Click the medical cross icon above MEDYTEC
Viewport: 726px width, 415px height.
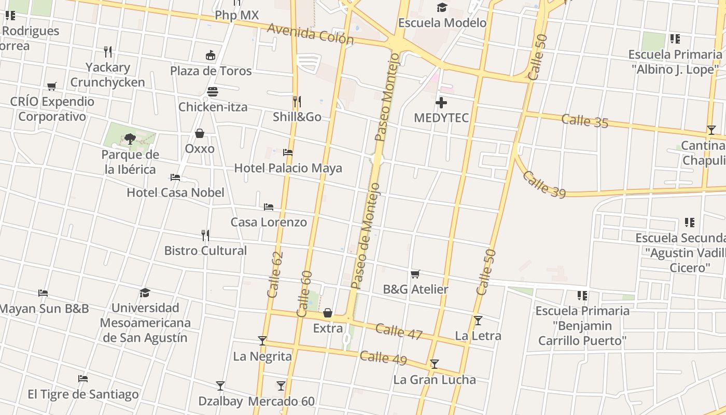(x=441, y=103)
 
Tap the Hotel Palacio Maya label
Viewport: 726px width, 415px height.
(x=288, y=168)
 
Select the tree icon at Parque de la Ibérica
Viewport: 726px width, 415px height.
(x=130, y=139)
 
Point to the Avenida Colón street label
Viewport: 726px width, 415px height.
(x=310, y=34)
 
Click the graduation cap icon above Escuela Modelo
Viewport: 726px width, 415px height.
(x=442, y=7)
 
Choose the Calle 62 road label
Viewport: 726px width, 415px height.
(x=275, y=274)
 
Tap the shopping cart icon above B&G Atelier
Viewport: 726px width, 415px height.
(x=415, y=274)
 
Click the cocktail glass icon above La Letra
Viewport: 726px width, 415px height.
(x=478, y=321)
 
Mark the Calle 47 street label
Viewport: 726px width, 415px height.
(x=399, y=331)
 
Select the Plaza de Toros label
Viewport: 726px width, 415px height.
(x=211, y=71)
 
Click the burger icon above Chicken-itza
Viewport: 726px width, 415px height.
(x=213, y=92)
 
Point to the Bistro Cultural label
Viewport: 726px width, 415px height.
(x=205, y=251)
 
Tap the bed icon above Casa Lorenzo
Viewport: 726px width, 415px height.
(x=269, y=206)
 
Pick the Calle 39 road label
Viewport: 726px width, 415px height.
(x=544, y=184)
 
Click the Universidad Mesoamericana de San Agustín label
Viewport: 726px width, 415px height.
(x=145, y=323)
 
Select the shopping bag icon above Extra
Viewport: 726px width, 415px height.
(x=328, y=313)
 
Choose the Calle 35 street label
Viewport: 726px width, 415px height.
(x=584, y=121)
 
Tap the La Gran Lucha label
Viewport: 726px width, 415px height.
(x=435, y=380)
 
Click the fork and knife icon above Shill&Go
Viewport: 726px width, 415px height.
(x=297, y=101)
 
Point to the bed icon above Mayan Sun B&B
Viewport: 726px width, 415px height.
(x=43, y=293)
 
